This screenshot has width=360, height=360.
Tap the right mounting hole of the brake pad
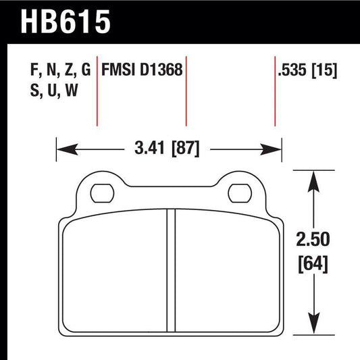pyautogui.click(x=239, y=193)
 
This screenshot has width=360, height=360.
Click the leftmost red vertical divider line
pyautogui.click(x=98, y=91)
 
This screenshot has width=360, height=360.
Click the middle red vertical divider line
pyautogui.click(x=186, y=91)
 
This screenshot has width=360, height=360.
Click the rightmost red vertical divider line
pyautogui.click(x=274, y=91)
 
